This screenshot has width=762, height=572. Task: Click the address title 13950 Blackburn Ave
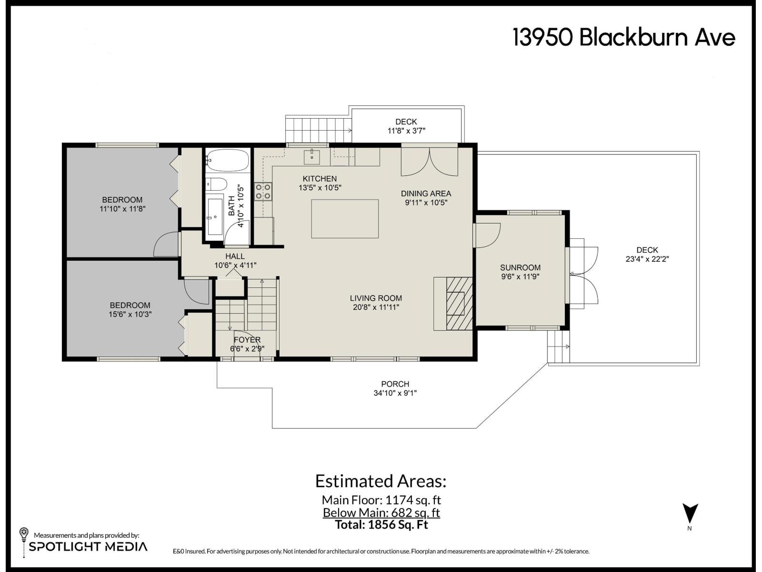624,37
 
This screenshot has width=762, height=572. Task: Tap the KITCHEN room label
320,179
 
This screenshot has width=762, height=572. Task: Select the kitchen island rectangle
345,219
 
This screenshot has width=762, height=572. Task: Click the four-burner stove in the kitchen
263,191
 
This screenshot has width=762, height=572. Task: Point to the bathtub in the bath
228,161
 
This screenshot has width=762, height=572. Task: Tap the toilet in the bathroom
217,184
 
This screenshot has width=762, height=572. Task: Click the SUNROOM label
520,267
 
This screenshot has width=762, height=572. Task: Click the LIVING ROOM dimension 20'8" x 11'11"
376,307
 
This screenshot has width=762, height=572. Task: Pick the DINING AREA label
426,194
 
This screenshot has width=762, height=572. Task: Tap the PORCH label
395,384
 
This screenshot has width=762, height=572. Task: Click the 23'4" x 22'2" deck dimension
647,259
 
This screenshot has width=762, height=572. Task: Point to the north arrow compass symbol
690,514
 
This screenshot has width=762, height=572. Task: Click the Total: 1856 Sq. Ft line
381,525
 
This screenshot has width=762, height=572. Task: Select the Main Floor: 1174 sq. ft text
381,500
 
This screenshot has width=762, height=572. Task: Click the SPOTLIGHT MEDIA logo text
88,546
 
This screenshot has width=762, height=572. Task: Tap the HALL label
235,256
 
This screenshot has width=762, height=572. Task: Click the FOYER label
247,340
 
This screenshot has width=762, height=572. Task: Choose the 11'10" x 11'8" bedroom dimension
122,209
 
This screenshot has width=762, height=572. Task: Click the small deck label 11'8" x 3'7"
406,131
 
